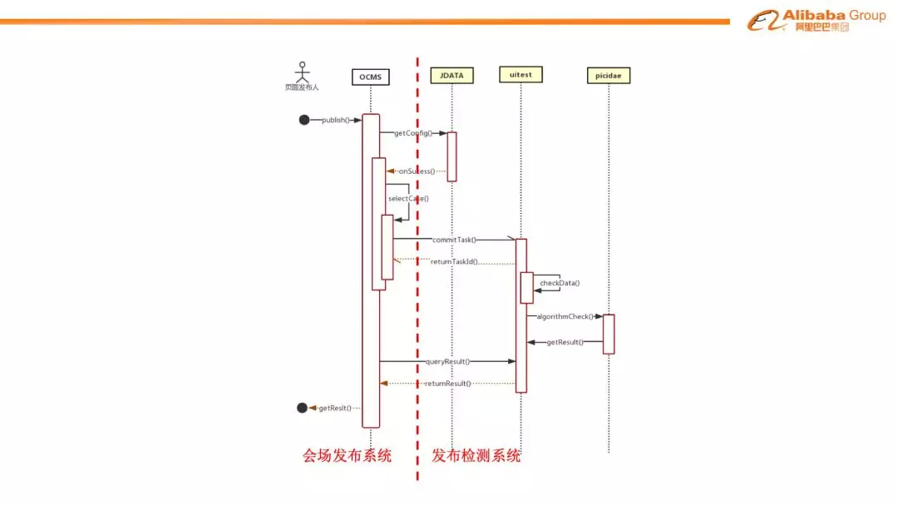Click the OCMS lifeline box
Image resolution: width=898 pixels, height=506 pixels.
[370, 77]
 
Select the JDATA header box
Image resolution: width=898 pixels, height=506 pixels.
[452, 75]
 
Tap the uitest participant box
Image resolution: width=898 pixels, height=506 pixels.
[521, 74]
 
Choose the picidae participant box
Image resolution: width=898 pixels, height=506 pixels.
[608, 76]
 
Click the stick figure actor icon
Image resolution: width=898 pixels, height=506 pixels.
[303, 70]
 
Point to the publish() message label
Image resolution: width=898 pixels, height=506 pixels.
[336, 120]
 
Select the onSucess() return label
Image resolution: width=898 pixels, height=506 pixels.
[417, 171]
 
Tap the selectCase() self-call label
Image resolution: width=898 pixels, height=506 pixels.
[408, 199]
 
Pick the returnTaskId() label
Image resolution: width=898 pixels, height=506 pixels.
[454, 261]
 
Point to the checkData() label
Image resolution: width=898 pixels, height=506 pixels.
[560, 283]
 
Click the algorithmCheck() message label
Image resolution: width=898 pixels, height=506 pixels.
[565, 316]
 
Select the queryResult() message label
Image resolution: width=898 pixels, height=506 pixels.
[447, 361]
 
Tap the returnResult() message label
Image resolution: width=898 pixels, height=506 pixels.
[447, 384]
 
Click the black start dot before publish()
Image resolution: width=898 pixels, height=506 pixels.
[304, 120]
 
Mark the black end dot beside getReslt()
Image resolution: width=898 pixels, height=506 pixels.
[302, 408]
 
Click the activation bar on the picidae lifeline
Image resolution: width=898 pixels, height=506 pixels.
[609, 334]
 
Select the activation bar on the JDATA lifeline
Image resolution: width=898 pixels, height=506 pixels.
[452, 156]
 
